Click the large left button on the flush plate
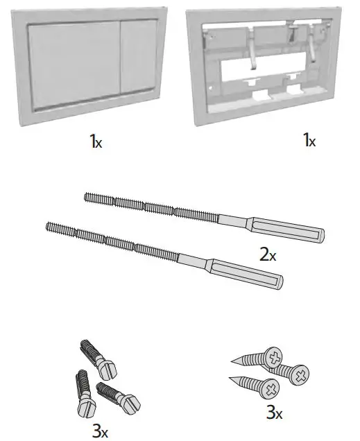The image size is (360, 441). [x=73, y=67]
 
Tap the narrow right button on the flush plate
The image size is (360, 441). [x=142, y=64]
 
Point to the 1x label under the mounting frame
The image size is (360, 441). [x=308, y=141]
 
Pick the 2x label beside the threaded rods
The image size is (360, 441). [x=268, y=254]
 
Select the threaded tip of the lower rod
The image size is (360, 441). [x=50, y=225]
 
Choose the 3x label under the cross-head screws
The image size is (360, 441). [x=275, y=413]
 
